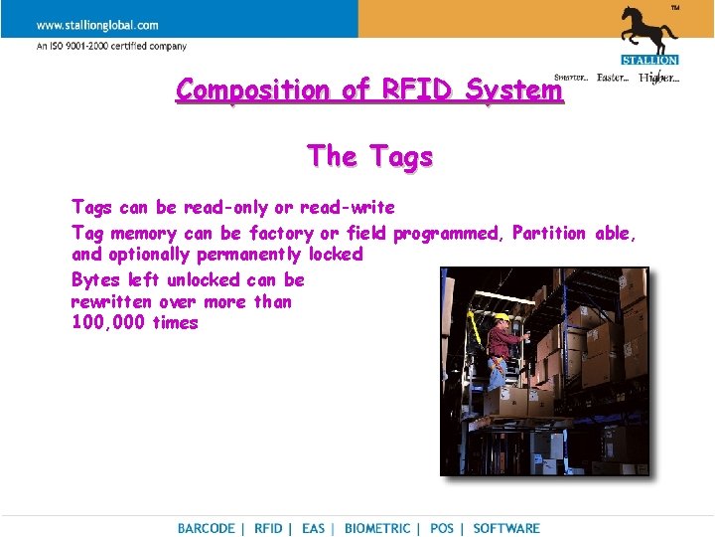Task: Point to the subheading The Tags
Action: [369, 156]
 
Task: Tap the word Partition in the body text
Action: [549, 234]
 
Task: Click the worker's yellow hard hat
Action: [501, 318]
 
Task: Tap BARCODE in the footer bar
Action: [207, 529]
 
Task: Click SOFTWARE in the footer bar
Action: [506, 529]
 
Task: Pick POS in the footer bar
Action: [442, 529]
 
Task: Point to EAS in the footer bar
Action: [313, 529]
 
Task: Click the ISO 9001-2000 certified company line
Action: [111, 46]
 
